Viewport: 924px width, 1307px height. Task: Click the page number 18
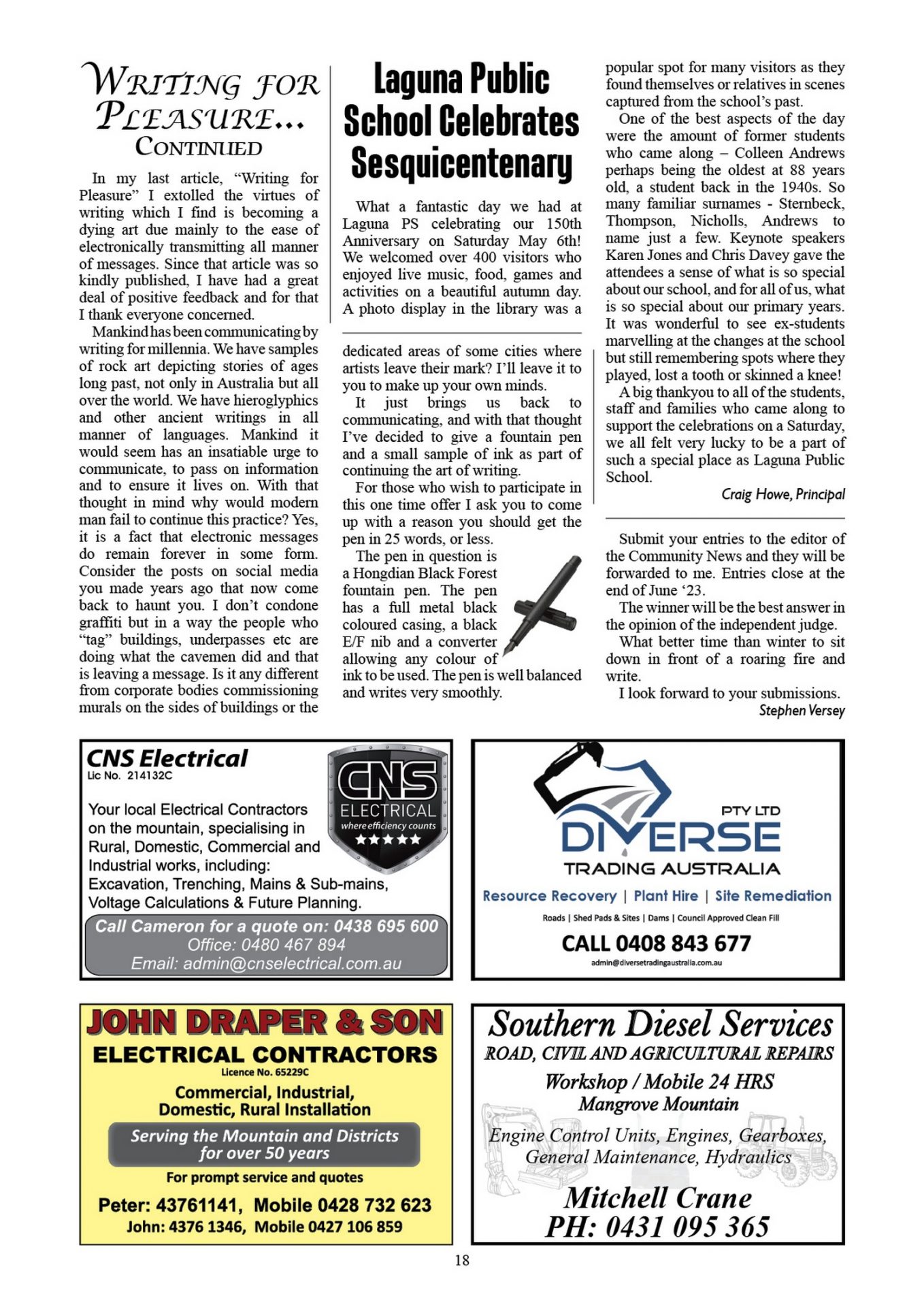tap(462, 1260)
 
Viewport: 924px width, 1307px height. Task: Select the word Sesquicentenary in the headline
tap(461, 163)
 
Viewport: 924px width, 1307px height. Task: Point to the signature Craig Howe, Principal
tap(782, 494)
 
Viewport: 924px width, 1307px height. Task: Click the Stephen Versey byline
tap(802, 711)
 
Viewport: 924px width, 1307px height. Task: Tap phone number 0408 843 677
tap(656, 943)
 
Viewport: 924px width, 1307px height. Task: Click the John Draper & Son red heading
tap(265, 1022)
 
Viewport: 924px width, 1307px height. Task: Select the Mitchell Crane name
tap(658, 1197)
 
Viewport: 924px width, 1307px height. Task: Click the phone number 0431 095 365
tap(657, 1227)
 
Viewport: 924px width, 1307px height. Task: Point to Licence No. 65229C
tap(265, 1072)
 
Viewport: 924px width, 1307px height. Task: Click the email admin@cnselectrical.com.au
tap(266, 964)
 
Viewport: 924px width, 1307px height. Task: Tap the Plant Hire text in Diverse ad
tap(665, 896)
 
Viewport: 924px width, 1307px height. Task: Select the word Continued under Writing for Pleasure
tap(199, 147)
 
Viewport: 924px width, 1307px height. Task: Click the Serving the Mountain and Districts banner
tap(264, 1144)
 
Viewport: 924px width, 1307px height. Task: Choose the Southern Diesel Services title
tap(660, 1024)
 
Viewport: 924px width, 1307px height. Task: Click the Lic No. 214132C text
tap(130, 775)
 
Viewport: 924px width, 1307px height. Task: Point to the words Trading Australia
tap(672, 869)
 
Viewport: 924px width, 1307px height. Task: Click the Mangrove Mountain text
tap(658, 1104)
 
